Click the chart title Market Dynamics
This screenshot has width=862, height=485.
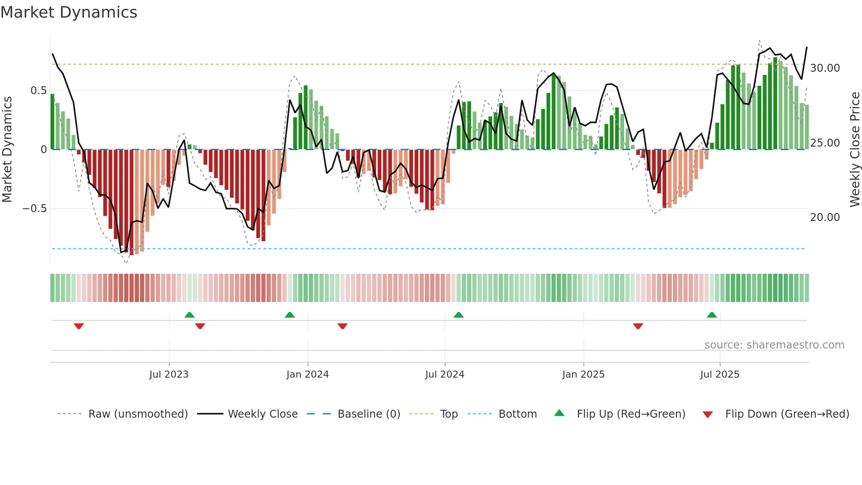point(69,12)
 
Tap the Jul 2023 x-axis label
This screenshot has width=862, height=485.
point(168,375)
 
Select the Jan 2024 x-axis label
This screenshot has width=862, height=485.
point(307,375)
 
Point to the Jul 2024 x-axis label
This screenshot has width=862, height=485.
point(445,375)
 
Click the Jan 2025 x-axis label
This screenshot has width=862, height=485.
point(583,375)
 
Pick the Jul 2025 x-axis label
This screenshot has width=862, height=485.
point(720,375)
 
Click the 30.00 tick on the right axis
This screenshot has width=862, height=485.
point(825,68)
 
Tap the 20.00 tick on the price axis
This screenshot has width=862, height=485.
point(825,217)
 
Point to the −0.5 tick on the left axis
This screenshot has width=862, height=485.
point(34,209)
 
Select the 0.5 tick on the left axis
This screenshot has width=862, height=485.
point(38,91)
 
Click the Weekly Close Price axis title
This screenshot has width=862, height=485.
point(855,149)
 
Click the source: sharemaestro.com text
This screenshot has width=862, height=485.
point(774,345)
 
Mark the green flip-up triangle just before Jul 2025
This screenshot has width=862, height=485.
point(712,315)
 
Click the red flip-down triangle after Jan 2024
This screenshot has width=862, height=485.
point(343,326)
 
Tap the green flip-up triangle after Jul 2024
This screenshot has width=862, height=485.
point(458,315)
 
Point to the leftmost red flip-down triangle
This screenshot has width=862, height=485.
point(79,326)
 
